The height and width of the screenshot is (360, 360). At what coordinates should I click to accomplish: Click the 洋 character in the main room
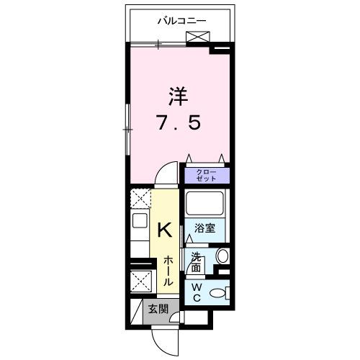[179, 96]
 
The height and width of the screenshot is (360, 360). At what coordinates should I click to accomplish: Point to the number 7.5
[179, 123]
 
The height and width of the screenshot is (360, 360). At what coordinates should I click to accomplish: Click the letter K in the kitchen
[165, 230]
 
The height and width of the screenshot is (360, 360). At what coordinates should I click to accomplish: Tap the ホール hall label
[166, 271]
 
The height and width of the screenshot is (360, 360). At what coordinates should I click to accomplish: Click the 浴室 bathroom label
[204, 229]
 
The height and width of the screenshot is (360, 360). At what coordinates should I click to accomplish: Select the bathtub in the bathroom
[206, 203]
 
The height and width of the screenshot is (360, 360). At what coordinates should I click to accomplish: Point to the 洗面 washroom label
[197, 261]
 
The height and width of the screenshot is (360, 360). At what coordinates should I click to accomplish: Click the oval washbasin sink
[222, 257]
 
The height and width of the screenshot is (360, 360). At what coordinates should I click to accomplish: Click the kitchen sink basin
[139, 232]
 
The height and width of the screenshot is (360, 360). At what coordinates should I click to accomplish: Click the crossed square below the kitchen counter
[140, 281]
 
